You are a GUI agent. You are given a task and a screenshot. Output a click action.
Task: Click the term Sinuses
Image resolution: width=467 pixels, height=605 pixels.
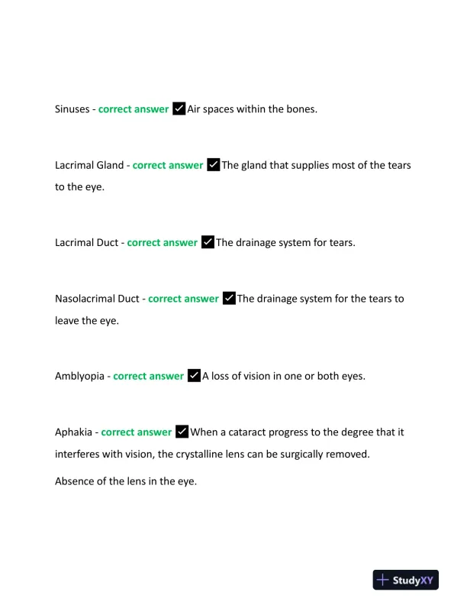point(72,109)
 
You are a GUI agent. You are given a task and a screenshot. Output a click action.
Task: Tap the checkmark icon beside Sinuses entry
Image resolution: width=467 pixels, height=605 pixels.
point(179,108)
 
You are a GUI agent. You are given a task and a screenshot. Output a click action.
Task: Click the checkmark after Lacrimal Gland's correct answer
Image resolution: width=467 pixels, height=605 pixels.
point(213,164)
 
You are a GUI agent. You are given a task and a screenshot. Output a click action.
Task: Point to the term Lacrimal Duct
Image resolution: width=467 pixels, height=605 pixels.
point(86,243)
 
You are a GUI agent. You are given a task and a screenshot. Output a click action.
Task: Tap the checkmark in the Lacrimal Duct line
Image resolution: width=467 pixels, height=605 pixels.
point(208,242)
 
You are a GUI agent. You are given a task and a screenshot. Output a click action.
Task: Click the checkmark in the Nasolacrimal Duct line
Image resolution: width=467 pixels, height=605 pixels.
point(229,298)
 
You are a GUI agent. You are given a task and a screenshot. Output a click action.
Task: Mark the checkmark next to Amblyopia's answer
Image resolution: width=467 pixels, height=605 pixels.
point(194,375)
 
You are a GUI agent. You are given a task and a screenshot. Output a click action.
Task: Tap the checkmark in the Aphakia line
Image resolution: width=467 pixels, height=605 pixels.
point(182,432)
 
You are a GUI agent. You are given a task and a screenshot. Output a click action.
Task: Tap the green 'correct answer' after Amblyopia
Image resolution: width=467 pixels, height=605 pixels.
point(148,376)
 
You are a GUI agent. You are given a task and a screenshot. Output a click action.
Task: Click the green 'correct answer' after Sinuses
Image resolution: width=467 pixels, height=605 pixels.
point(134,109)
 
